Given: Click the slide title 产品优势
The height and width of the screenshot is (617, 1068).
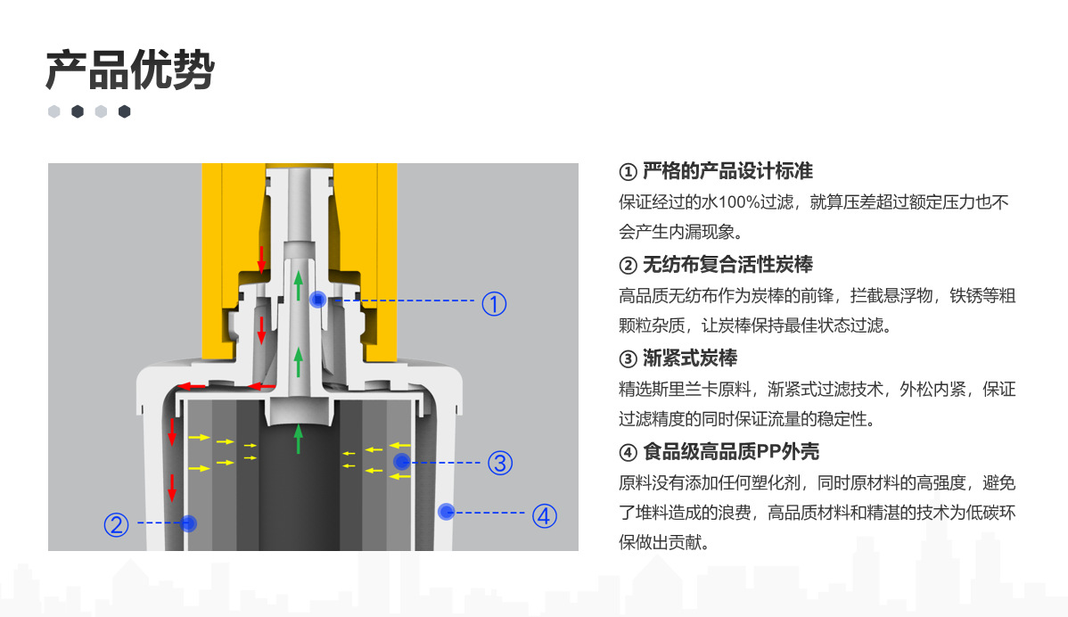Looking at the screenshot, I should tap(130, 70).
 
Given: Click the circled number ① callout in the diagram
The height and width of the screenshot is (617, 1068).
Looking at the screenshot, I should tap(494, 303).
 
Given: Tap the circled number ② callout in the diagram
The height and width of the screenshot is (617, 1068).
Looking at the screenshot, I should tap(117, 524).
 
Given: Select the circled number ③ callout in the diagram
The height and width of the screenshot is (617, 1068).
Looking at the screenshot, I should tap(499, 463).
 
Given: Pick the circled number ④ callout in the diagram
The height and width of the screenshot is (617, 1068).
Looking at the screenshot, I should tap(545, 514).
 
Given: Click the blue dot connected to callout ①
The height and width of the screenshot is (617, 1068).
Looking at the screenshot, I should tap(316, 300).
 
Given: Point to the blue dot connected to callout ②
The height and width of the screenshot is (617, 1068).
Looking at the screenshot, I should tap(188, 522).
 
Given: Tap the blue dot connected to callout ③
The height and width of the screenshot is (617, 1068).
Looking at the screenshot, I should tap(401, 461).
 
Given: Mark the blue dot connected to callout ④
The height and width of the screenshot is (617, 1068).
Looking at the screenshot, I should tap(447, 511).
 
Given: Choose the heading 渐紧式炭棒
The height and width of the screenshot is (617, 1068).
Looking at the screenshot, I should tap(689, 358).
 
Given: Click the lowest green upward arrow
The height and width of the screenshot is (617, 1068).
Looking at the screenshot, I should tap(299, 439).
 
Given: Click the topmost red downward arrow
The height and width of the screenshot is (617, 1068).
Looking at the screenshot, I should tap(262, 258).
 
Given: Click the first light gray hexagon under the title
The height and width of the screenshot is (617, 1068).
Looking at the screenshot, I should tap(54, 111).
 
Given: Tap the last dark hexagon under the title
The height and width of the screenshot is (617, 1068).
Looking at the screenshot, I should tap(125, 111).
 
